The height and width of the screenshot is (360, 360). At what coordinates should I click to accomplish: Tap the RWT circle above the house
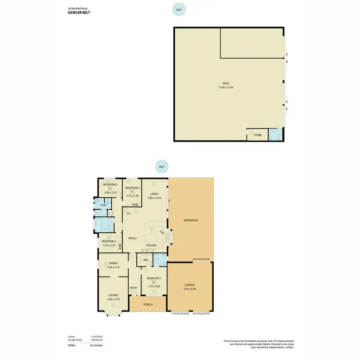point(162,167)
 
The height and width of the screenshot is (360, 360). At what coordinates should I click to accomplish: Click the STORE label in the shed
point(258,135)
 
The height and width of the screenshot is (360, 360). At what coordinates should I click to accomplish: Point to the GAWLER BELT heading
point(79,13)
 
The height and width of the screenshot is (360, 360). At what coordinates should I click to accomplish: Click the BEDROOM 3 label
point(110,184)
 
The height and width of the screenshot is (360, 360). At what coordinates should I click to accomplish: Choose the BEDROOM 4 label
point(132,188)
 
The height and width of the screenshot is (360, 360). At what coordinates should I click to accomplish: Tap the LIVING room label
point(154,193)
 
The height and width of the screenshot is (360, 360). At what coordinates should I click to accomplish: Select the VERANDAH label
point(192,220)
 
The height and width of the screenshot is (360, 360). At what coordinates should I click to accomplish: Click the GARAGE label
point(190,285)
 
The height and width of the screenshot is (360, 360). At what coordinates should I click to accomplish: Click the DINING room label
point(113,263)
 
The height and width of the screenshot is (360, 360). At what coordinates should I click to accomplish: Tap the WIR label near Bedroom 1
point(145,260)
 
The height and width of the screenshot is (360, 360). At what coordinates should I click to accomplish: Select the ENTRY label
point(133,288)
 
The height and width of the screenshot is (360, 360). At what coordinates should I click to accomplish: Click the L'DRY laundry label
point(103,205)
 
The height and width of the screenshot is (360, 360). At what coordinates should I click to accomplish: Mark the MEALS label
point(132,238)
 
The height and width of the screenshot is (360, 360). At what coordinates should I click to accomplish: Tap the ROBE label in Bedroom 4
point(135,204)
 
